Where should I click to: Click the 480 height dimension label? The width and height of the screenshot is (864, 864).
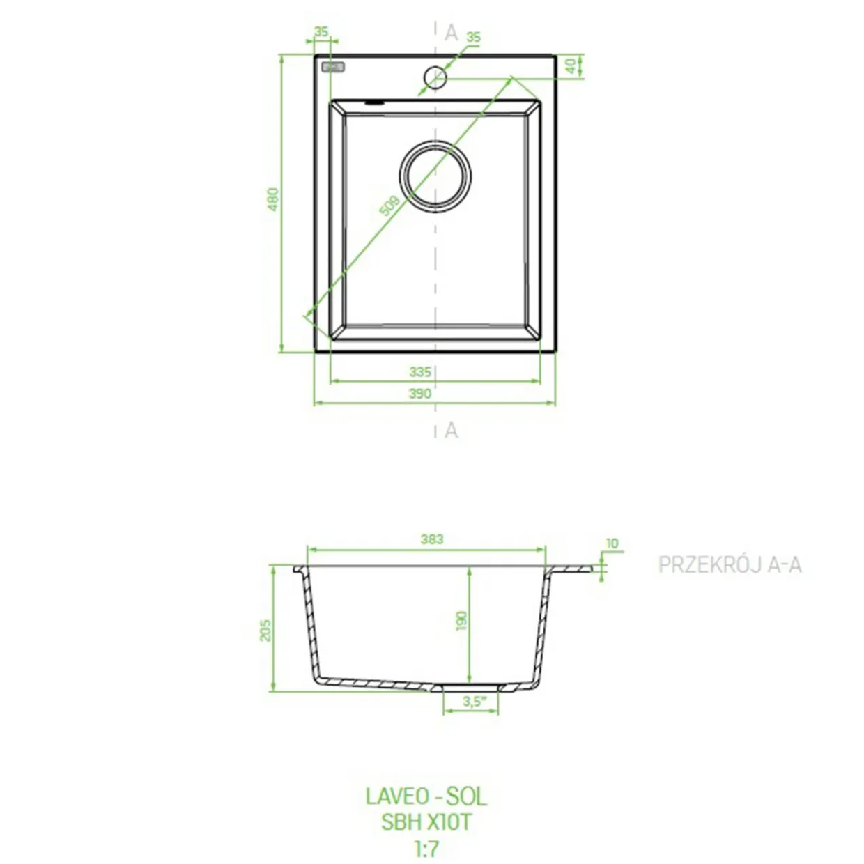point(273,199)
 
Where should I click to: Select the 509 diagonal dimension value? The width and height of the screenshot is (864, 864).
point(389,206)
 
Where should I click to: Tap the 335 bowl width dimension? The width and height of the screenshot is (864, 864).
point(420,371)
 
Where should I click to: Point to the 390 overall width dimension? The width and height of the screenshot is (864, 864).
point(420,393)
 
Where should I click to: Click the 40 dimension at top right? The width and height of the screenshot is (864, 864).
point(571,66)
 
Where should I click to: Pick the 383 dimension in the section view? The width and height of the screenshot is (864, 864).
point(432,539)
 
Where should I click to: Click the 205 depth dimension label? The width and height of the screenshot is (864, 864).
point(266,630)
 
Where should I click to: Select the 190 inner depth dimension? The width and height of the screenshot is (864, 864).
point(461,621)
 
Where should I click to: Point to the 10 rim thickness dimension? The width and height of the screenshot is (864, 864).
point(612,543)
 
